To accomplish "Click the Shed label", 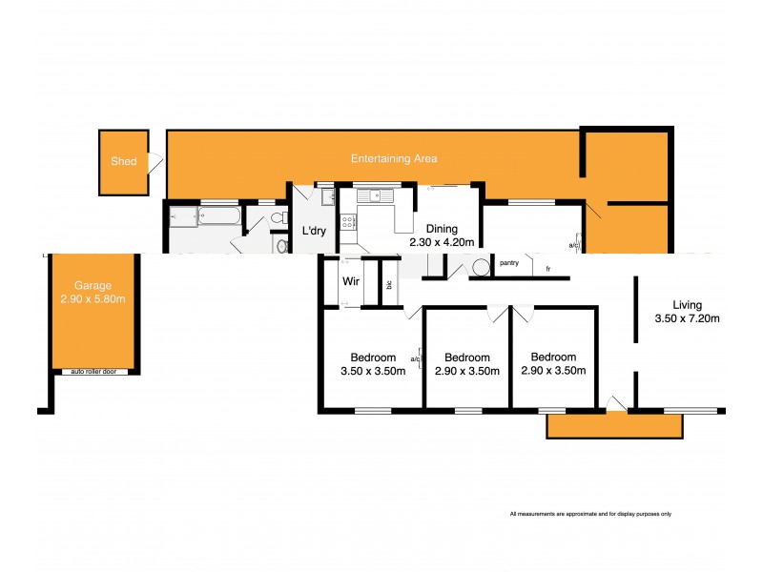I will (124, 162).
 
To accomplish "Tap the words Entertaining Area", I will (394, 158).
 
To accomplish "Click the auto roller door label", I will (93, 371).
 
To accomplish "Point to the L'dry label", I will (315, 232).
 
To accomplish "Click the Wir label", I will (349, 282).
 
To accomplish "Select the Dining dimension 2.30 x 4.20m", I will (442, 242).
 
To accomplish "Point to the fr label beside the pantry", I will (547, 270).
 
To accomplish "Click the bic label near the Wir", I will (389, 284).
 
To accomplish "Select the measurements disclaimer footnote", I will (591, 514).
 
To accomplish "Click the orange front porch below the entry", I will (614, 426).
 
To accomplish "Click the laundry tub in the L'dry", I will (328, 197).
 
